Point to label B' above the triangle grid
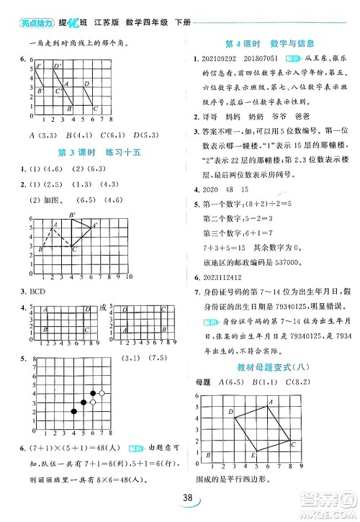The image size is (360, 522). point(72,215)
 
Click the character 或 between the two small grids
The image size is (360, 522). point(102,308)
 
